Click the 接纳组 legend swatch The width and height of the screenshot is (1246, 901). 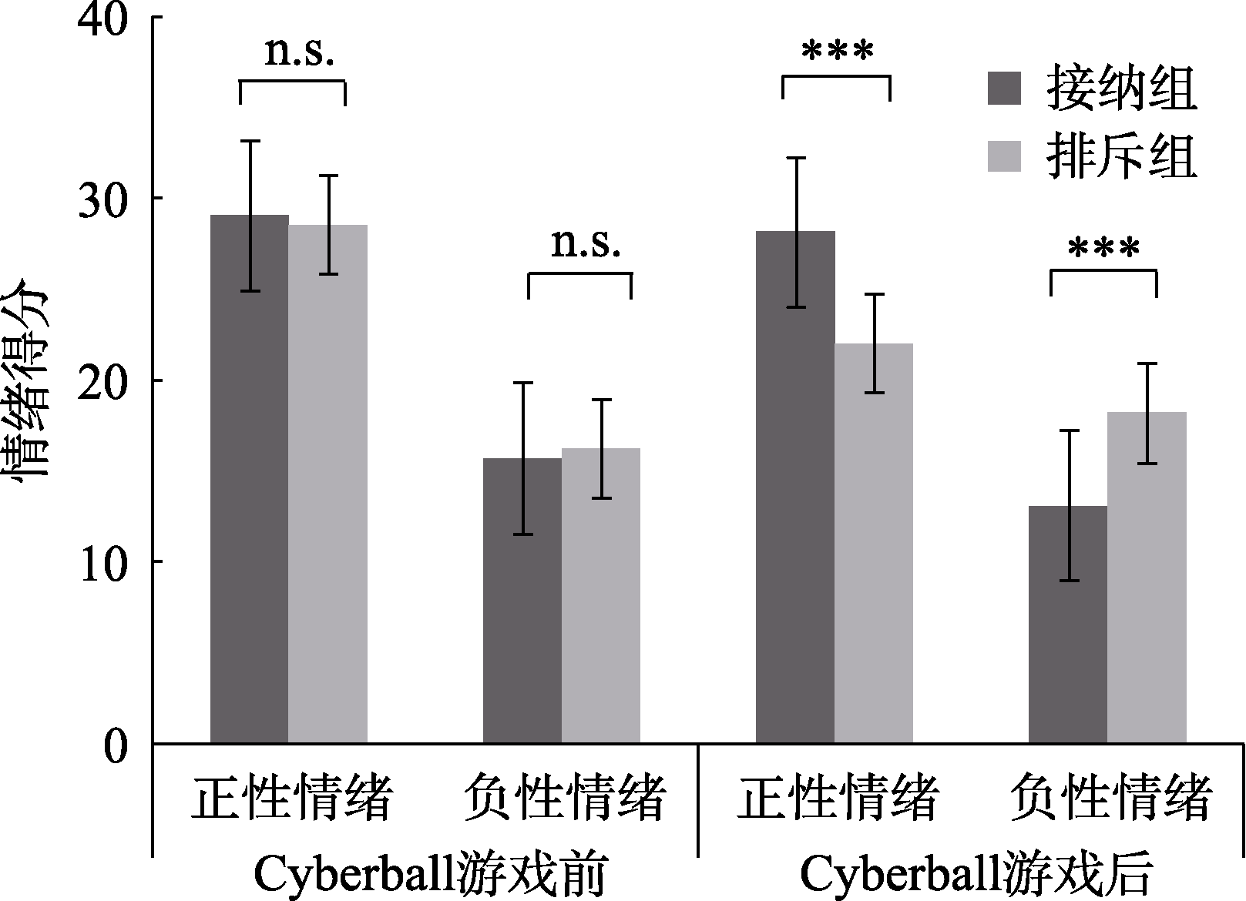1004,89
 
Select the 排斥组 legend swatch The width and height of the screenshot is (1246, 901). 1004,156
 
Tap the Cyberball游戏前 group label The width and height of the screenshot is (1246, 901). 431,875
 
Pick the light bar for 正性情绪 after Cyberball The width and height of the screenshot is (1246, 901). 873,543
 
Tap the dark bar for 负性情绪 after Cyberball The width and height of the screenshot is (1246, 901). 1067,624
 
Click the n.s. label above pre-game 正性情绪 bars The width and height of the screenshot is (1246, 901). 299,52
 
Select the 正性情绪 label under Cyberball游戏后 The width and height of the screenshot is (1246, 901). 838,797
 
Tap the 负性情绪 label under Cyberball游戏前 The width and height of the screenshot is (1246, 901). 565,797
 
